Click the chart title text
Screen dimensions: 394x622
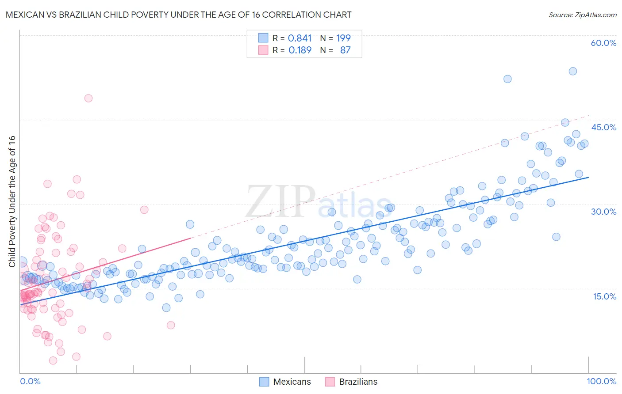coord(178,15)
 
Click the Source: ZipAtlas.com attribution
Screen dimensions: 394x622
coord(582,15)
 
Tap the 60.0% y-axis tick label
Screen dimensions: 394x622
coord(603,43)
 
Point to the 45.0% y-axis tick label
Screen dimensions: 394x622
coord(603,127)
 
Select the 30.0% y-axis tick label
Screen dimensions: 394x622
coord(603,212)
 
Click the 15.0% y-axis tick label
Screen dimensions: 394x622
coord(604,296)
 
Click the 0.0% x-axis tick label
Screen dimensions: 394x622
coord(30,381)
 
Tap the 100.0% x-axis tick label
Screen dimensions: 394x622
coord(602,381)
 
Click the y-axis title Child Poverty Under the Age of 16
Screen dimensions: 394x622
coord(12,201)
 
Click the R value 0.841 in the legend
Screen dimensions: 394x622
coord(299,38)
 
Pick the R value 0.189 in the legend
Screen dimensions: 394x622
coord(299,50)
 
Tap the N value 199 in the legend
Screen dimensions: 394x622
coord(343,38)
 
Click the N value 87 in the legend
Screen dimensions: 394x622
coord(345,50)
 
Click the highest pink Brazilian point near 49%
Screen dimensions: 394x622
coord(88,98)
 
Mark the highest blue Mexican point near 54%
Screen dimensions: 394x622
coord(572,71)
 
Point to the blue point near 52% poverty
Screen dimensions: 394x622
coord(507,79)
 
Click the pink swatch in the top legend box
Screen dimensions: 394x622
coord(263,50)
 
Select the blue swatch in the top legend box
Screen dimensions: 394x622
coord(263,38)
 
